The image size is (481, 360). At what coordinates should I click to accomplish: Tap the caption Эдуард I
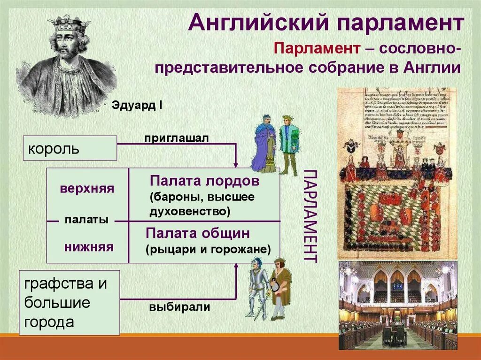137,105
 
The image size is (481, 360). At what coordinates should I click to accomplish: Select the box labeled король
70,148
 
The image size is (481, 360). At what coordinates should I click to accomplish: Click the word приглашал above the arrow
176,138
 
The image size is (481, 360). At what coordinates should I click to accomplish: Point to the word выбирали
180,307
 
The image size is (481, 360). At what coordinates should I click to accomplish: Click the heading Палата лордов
204,181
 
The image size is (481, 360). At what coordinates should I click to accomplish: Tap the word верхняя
87,189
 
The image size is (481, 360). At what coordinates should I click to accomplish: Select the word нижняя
89,246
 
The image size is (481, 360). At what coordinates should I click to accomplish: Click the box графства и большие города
69,302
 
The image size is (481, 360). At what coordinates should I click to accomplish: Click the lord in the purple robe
264,143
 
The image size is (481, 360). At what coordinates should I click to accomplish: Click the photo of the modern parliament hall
398,305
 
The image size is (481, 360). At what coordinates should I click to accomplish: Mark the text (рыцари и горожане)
208,249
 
